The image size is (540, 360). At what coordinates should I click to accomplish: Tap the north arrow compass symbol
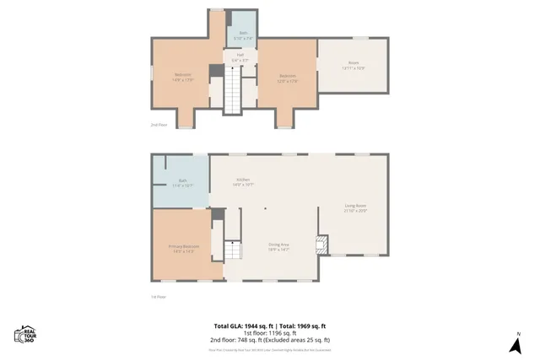516,344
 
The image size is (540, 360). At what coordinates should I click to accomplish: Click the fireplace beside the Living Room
321,245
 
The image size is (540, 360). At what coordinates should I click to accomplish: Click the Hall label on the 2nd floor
240,58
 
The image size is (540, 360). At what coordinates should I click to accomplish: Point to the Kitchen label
243,181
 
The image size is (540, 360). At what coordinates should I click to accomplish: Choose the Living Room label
354,207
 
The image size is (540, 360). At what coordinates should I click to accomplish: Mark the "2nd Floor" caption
159,124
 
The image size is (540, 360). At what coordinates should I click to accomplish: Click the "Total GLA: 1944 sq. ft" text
240,325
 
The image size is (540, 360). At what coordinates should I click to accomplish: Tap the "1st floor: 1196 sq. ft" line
270,332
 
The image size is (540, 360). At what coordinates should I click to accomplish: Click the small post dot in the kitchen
264,207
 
